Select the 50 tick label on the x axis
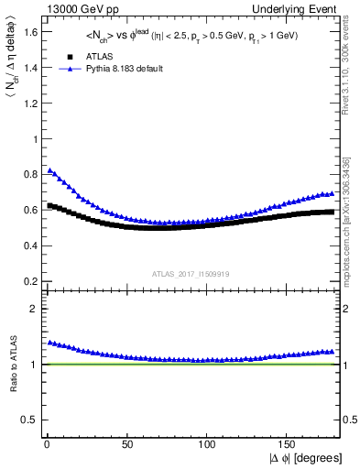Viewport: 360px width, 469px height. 126,442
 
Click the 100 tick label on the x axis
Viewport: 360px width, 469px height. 207,442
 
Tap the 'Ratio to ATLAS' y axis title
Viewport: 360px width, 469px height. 12,365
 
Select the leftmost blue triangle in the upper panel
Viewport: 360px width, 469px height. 49,170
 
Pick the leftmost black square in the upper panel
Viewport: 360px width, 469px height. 49,205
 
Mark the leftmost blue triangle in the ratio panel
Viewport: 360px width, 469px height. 49,343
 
